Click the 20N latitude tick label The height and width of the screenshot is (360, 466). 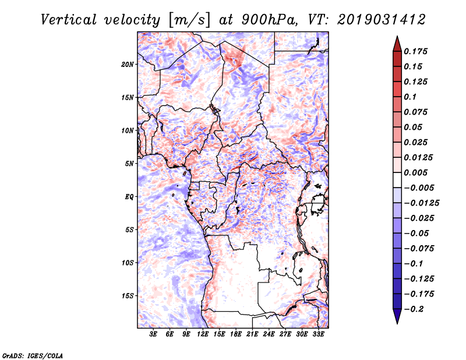click(x=128, y=64)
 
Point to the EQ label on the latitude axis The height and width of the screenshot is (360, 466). click(x=129, y=197)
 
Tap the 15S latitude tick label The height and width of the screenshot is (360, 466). click(x=128, y=296)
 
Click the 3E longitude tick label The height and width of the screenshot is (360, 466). click(x=154, y=335)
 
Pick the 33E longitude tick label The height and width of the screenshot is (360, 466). click(x=318, y=335)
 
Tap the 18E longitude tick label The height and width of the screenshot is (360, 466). click(x=236, y=335)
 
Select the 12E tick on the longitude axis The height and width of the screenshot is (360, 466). click(x=203, y=335)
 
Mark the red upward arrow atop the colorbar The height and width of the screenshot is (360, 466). click(x=396, y=43)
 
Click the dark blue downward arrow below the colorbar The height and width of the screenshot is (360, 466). click(x=396, y=316)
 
